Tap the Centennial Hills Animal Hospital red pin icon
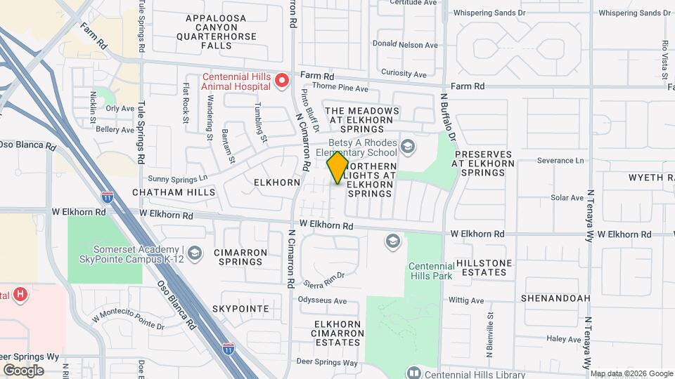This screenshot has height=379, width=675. point(282,81)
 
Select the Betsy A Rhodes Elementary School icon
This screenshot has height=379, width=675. point(409,147)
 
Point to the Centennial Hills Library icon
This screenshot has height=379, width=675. point(413,372)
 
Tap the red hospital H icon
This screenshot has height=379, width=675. point(21,295)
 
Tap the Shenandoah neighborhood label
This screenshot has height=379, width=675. point(555,298)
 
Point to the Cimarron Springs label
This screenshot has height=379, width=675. point(239,257)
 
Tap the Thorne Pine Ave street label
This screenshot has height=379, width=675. point(340,89)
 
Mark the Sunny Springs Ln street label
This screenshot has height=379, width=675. point(184,178)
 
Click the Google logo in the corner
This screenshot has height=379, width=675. point(23,370)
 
